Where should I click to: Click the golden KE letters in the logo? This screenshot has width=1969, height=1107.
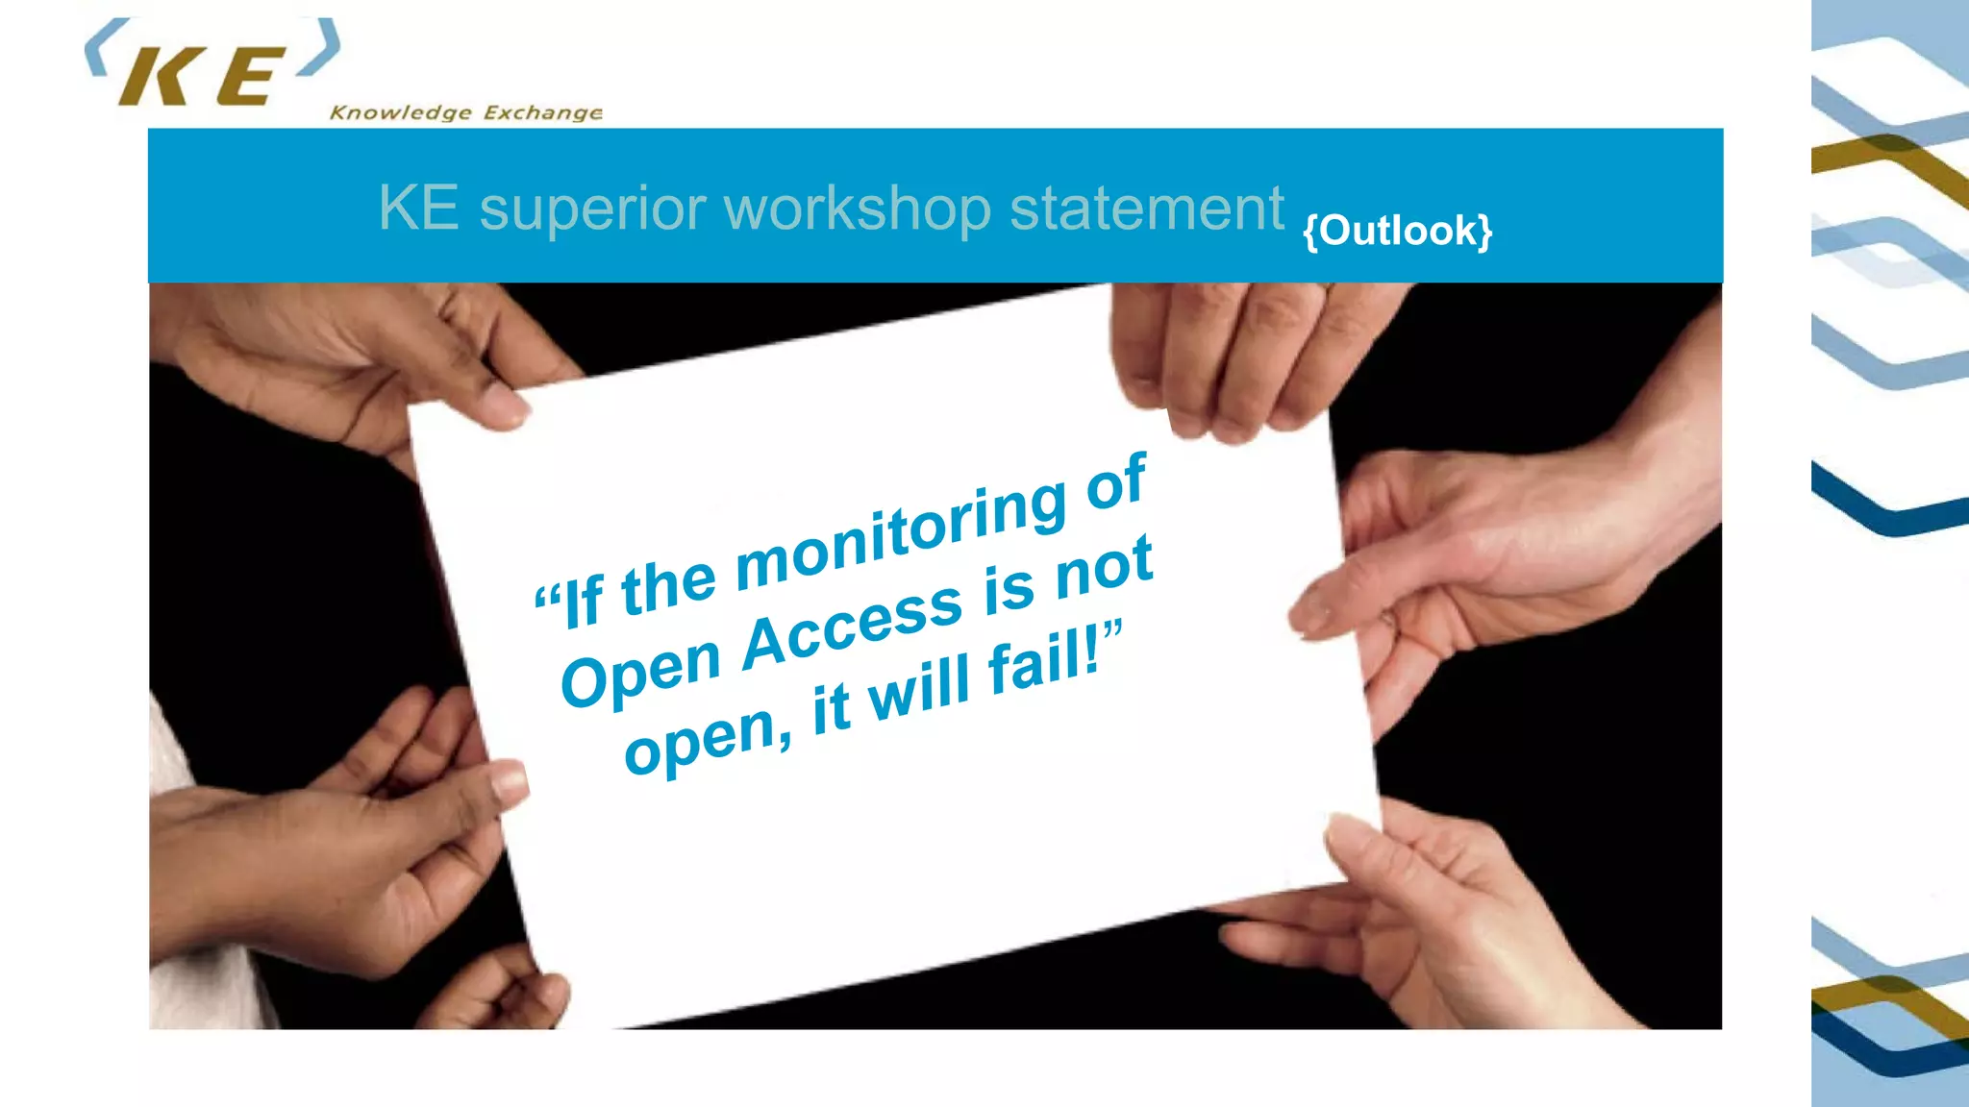pyautogui.click(x=202, y=77)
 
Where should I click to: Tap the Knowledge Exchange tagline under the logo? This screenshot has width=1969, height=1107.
pyautogui.click(x=466, y=112)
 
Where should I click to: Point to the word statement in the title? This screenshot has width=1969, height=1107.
pyautogui.click(x=1146, y=208)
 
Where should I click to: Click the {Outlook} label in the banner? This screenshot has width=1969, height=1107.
pyautogui.click(x=1397, y=231)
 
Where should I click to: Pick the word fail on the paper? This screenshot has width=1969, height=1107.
pyautogui.click(x=1044, y=663)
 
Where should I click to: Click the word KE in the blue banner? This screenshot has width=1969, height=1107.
pyautogui.click(x=418, y=208)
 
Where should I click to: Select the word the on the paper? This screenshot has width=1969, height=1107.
pyautogui.click(x=668, y=586)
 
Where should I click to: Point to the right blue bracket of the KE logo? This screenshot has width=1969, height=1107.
pyautogui.click(x=322, y=48)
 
